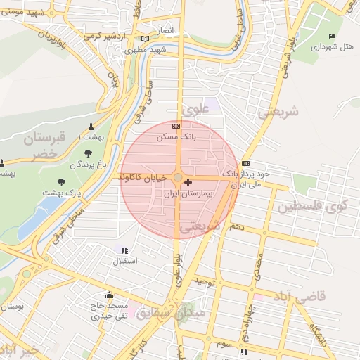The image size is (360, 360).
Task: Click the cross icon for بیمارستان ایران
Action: (188, 183)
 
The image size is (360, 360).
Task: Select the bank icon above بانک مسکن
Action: (176, 127)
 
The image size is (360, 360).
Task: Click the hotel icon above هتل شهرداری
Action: (333, 36)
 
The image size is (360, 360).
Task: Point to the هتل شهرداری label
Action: (336, 46)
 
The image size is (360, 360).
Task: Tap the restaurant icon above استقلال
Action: (124, 250)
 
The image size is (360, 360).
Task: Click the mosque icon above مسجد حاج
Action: (108, 295)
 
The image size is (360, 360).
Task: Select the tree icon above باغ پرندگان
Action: (88, 153)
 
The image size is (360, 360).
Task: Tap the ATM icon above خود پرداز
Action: (245, 162)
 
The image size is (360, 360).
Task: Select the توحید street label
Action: (204, 281)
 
